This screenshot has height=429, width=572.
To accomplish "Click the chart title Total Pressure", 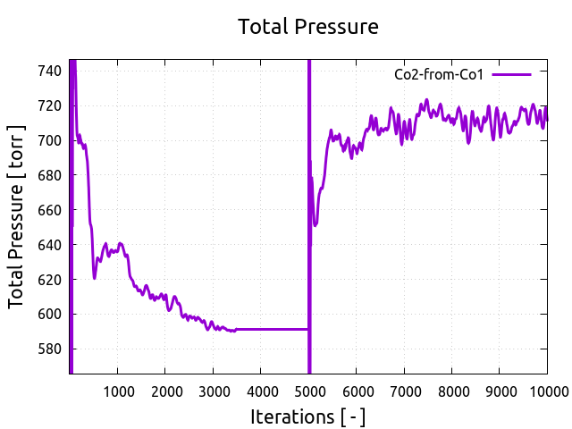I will tap(308, 27).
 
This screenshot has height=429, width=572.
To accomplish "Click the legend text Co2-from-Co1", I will tap(439, 75).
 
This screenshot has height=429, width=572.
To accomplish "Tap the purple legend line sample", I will tap(511, 75).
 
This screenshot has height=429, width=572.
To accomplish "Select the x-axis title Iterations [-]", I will tap(308, 416).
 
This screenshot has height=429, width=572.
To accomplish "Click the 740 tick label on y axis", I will tap(50, 71).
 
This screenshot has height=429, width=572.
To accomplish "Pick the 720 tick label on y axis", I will tap(50, 105).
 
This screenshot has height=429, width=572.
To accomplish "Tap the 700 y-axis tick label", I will tap(50, 140).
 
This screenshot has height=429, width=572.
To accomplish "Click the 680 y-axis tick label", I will tap(50, 175).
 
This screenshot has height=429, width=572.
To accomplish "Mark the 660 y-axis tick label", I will tap(50, 210).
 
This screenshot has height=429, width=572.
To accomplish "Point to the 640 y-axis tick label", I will tap(50, 245).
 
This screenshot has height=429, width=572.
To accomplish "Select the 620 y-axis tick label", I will tap(50, 280).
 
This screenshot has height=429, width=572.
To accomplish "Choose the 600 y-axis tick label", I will tap(50, 315).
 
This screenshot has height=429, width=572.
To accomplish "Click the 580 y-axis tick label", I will tap(50, 349).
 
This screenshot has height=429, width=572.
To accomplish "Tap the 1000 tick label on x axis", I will tap(117, 391).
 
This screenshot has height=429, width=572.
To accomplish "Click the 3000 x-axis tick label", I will tap(213, 391).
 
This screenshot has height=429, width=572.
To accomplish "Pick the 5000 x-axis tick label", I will tap(308, 391).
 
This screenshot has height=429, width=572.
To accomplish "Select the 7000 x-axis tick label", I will tap(404, 391).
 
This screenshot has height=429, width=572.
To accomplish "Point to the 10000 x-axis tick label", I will tap(543, 391).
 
